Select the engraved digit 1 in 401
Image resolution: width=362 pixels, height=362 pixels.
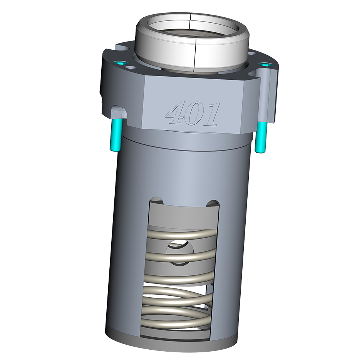[x=211, y=115]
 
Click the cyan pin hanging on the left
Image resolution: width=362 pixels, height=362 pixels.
[x=116, y=135]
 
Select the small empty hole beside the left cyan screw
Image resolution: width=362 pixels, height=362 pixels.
[x=132, y=68]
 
